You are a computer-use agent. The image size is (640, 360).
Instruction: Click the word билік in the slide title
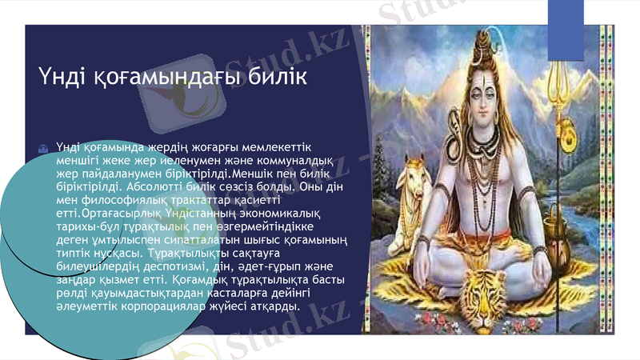pos(277,78)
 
